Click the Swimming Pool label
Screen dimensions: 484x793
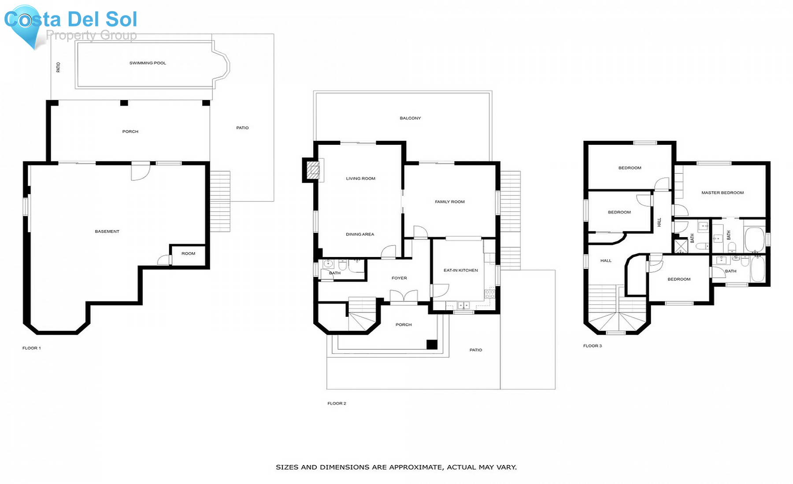pos(148,63)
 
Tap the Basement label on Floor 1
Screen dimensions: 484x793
pos(107,231)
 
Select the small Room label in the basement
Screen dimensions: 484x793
pos(188,253)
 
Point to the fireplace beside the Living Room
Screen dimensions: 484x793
pos(313,170)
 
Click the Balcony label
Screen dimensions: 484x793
pos(410,118)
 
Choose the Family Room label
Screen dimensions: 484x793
pos(449,202)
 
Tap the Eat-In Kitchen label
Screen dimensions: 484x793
pos(460,270)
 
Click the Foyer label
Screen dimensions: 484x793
pos(399,278)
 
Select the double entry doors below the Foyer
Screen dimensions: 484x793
pos(404,296)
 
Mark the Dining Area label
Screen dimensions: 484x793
pos(360,234)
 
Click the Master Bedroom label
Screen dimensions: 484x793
pos(722,193)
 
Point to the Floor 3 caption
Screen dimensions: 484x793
pos(592,346)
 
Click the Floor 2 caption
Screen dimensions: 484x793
pos(337,403)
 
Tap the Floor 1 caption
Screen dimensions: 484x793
pos(32,348)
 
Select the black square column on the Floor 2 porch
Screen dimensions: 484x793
pos(432,345)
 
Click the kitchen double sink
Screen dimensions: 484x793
pos(463,305)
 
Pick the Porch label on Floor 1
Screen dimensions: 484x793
pos(130,132)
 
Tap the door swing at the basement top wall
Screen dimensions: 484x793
pos(140,172)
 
